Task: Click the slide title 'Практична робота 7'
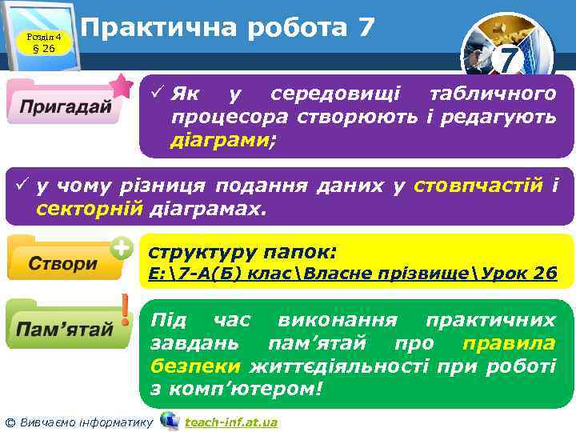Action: pos(228,28)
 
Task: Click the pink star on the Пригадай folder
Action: pos(122,84)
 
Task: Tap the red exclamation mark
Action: pos(126,310)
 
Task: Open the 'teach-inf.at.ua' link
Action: pos(230,422)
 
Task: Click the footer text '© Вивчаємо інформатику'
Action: pos(78,422)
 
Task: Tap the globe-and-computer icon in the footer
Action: pos(169,420)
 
